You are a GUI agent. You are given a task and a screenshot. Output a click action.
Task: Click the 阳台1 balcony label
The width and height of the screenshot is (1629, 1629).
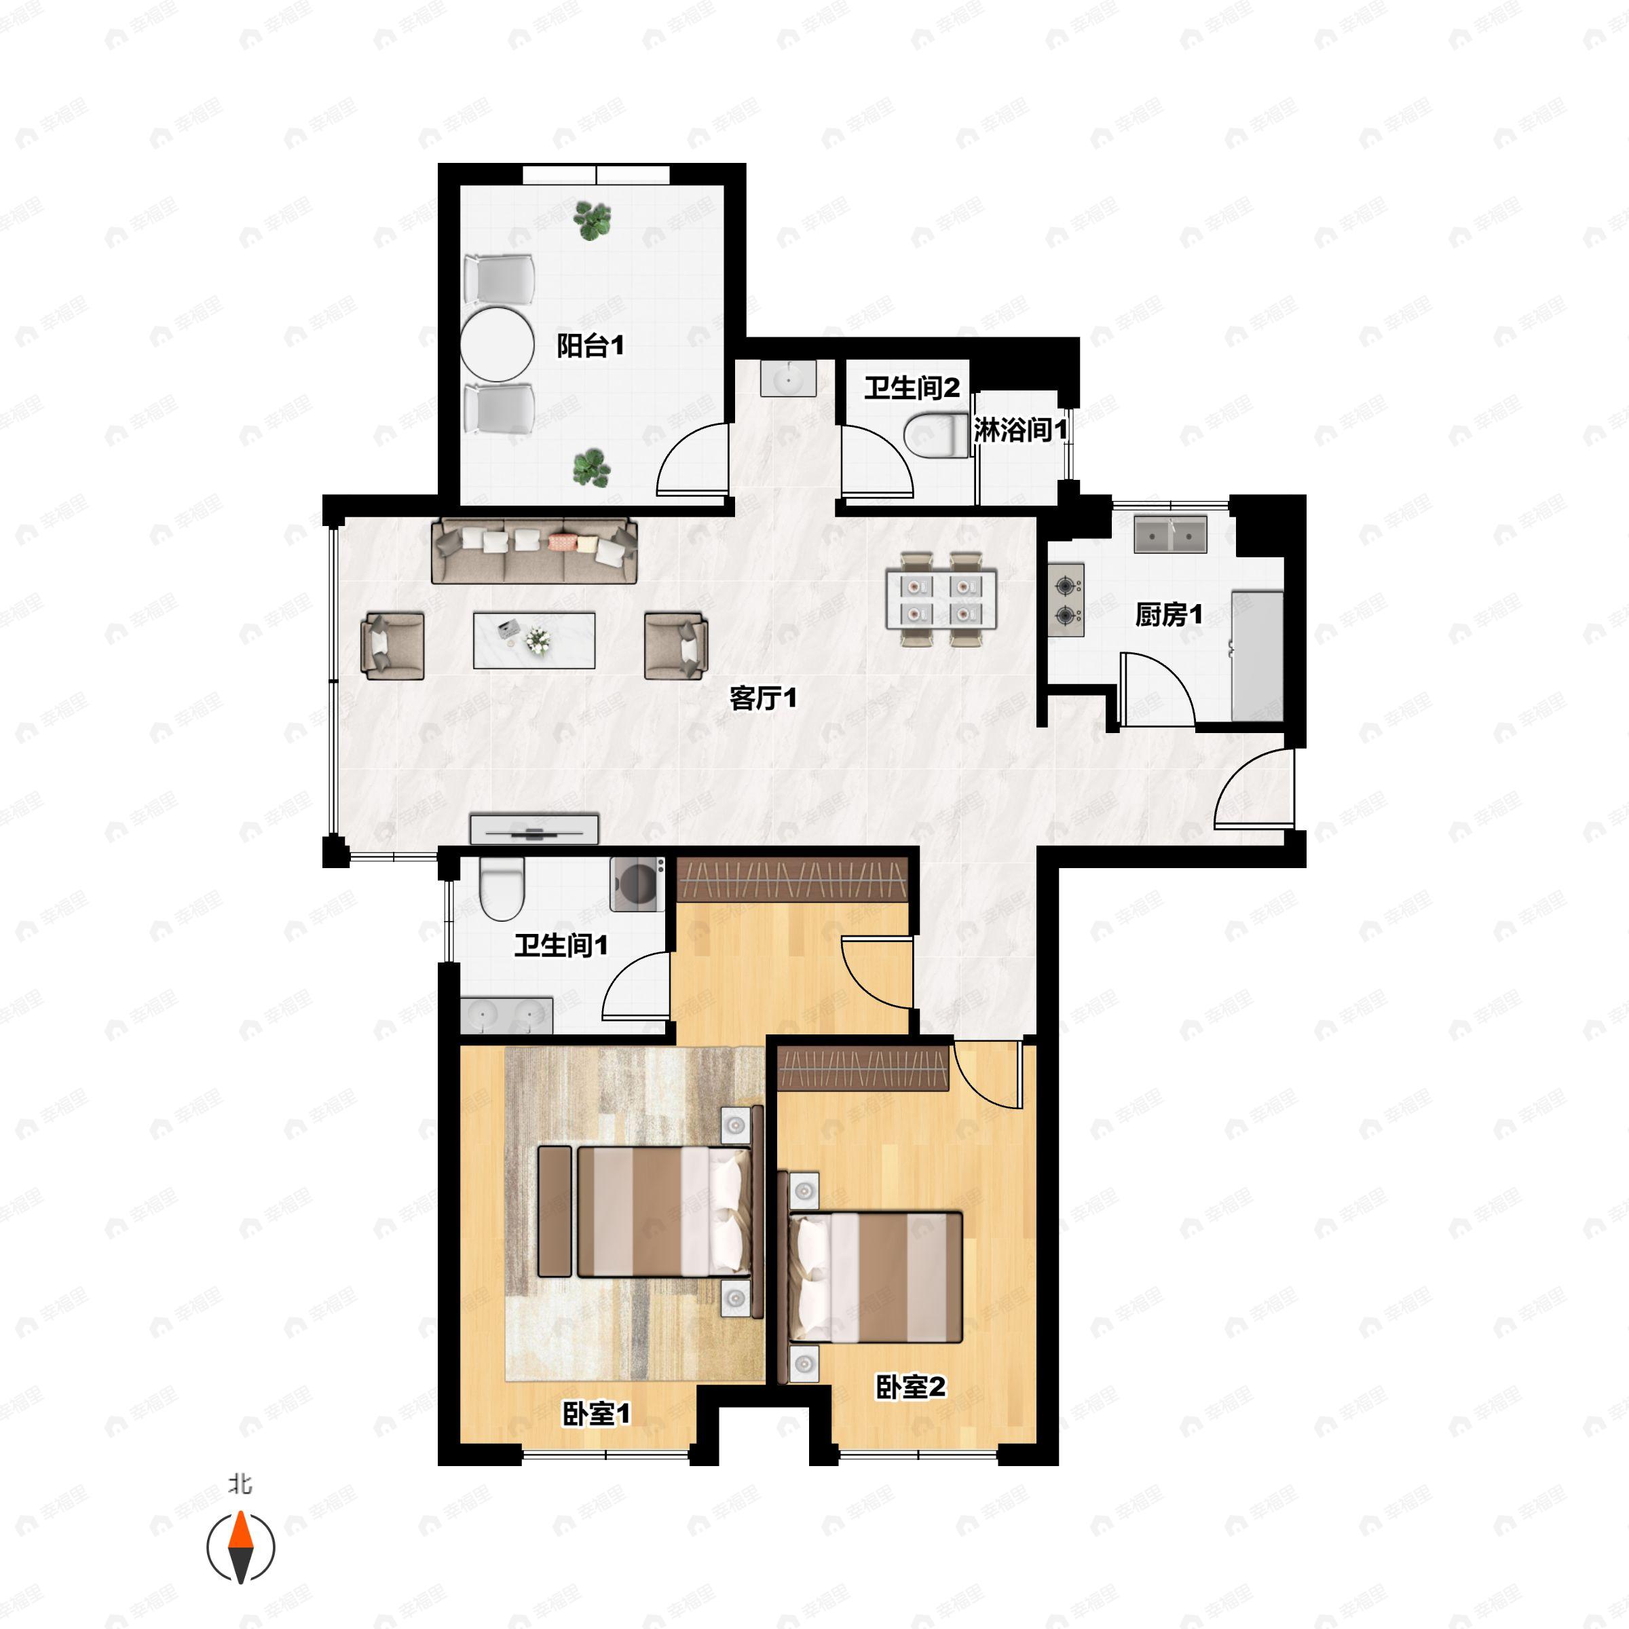coord(591,345)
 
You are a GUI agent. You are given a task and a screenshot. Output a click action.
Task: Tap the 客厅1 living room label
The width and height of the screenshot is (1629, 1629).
coord(763,698)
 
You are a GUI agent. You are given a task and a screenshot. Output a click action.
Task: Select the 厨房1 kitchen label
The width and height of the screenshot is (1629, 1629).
coord(1169,615)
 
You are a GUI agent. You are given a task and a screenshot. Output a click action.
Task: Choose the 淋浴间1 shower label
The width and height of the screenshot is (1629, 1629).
coord(1021,430)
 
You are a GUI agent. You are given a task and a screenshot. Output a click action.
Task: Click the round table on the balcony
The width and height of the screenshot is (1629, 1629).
coord(498,345)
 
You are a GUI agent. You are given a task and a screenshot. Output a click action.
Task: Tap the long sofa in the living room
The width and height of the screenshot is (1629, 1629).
coord(533,551)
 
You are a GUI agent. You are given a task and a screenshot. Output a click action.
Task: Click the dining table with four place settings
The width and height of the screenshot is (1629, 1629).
coord(941,599)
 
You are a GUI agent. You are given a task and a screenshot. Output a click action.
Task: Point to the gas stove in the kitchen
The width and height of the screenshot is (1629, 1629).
coord(1066,600)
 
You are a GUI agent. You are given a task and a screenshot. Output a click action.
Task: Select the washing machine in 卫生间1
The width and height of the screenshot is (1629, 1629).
coord(637,884)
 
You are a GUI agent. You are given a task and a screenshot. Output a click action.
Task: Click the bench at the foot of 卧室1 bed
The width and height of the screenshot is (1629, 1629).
coord(555,1211)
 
